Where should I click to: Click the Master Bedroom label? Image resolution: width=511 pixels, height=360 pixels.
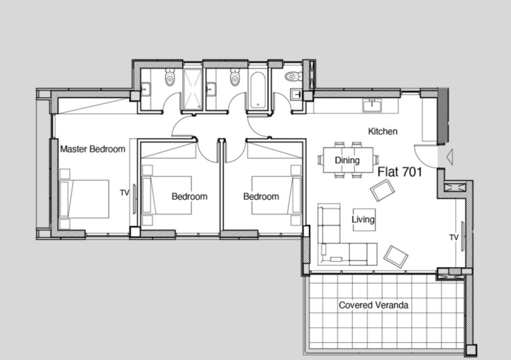pyautogui.click(x=93, y=149)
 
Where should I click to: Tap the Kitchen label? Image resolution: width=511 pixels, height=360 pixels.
pyautogui.click(x=383, y=131)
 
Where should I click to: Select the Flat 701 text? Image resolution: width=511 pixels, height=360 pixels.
pyautogui.click(x=400, y=172)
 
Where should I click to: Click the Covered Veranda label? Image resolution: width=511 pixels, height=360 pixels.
pyautogui.click(x=374, y=305)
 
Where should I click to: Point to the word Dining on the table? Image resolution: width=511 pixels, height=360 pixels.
pyautogui.click(x=347, y=160)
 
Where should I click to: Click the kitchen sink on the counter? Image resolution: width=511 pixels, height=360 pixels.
pyautogui.click(x=372, y=105)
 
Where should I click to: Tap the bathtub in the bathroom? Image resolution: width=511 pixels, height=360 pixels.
pyautogui.click(x=258, y=90)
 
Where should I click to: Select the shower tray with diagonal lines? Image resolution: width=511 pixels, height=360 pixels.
pyautogui.click(x=192, y=89)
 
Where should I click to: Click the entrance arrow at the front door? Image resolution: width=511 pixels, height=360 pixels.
pyautogui.click(x=449, y=157)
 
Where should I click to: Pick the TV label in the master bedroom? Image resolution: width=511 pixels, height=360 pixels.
pyautogui.click(x=125, y=193)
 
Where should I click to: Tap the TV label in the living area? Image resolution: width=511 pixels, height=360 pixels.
pyautogui.click(x=454, y=237)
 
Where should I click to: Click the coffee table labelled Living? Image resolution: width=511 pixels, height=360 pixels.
pyautogui.click(x=364, y=220)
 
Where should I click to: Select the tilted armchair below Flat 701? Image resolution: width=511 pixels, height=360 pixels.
pyautogui.click(x=382, y=190)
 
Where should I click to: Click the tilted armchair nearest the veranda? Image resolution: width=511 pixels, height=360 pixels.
pyautogui.click(x=396, y=257)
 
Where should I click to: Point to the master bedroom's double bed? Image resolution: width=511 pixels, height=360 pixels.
pyautogui.click(x=84, y=199)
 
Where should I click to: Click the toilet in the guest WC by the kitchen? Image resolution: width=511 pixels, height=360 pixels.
pyautogui.click(x=294, y=77)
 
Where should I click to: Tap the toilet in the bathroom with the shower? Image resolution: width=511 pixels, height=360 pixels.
pyautogui.click(x=170, y=77)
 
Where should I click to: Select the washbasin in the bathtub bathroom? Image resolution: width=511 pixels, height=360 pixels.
pyautogui.click(x=211, y=89)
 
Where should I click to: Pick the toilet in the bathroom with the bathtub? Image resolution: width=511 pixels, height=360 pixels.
pyautogui.click(x=235, y=77)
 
